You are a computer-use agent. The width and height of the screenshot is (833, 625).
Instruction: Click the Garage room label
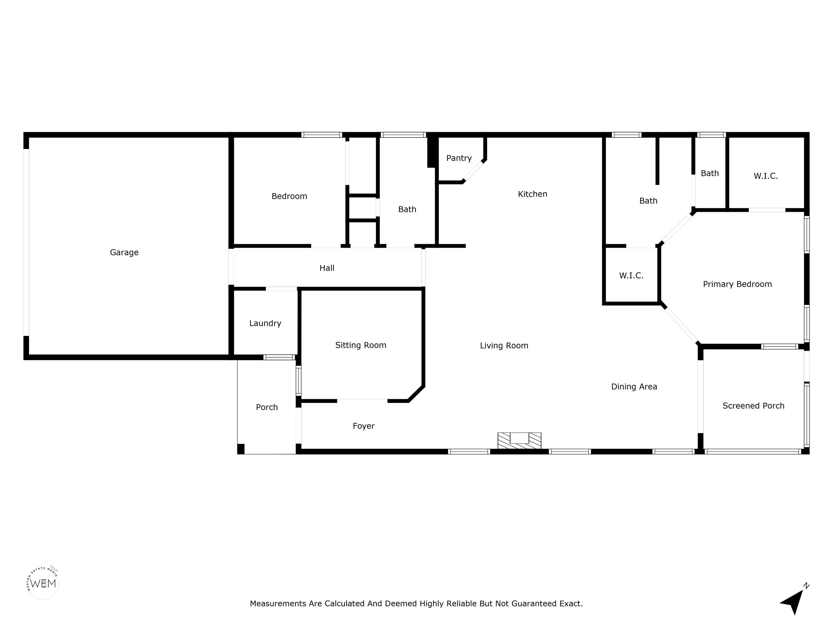click(x=124, y=252)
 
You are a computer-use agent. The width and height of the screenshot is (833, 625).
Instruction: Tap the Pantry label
click(x=459, y=158)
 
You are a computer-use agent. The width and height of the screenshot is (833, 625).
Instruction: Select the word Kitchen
click(x=533, y=194)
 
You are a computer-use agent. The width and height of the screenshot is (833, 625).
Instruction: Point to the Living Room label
click(x=504, y=346)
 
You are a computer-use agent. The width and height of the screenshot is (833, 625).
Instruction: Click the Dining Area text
click(x=634, y=387)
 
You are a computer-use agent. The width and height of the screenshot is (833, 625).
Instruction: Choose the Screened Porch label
click(x=754, y=406)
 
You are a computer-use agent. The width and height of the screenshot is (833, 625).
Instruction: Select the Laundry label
click(x=265, y=324)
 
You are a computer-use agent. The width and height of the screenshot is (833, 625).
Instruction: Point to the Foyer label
click(x=364, y=426)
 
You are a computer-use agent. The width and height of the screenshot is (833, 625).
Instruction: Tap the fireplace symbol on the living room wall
click(x=519, y=440)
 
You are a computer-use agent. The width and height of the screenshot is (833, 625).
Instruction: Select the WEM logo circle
click(x=43, y=583)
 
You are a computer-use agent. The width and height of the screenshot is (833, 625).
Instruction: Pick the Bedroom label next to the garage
click(x=289, y=196)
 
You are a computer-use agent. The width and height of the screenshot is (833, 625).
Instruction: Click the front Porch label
click(x=267, y=407)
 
